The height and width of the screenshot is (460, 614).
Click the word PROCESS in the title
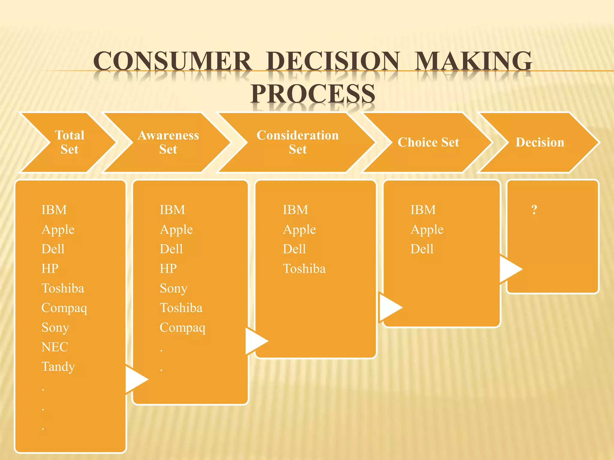pyautogui.click(x=313, y=94)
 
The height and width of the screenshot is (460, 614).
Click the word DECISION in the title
pyautogui.click(x=333, y=61)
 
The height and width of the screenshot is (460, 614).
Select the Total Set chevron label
pyautogui.click(x=70, y=142)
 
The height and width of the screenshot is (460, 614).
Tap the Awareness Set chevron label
pyautogui.click(x=168, y=142)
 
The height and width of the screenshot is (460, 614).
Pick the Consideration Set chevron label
pyautogui.click(x=297, y=142)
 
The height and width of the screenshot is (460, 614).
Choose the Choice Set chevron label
pyautogui.click(x=428, y=142)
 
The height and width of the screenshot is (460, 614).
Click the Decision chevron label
pyautogui.click(x=540, y=142)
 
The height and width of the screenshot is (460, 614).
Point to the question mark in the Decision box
pyautogui.click(x=534, y=210)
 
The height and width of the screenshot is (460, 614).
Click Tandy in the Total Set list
pyautogui.click(x=58, y=367)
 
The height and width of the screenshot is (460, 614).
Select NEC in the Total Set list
pyautogui.click(x=55, y=347)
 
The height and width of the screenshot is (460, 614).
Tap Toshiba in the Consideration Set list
pyautogui.click(x=304, y=269)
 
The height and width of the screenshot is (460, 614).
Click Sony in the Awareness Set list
pyautogui.click(x=173, y=288)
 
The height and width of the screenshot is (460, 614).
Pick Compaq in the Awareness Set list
pyautogui.click(x=182, y=328)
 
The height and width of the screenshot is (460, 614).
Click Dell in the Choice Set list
pyautogui.click(x=422, y=249)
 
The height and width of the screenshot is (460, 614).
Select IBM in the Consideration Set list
pyautogui.click(x=295, y=210)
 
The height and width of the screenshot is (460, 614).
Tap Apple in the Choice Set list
pyautogui.click(x=427, y=230)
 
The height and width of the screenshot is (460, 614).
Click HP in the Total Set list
pyautogui.click(x=50, y=269)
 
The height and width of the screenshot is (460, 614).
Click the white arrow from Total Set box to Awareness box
pyautogui.click(x=136, y=379)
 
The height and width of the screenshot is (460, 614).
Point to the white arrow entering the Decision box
pyautogui.click(x=510, y=269)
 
